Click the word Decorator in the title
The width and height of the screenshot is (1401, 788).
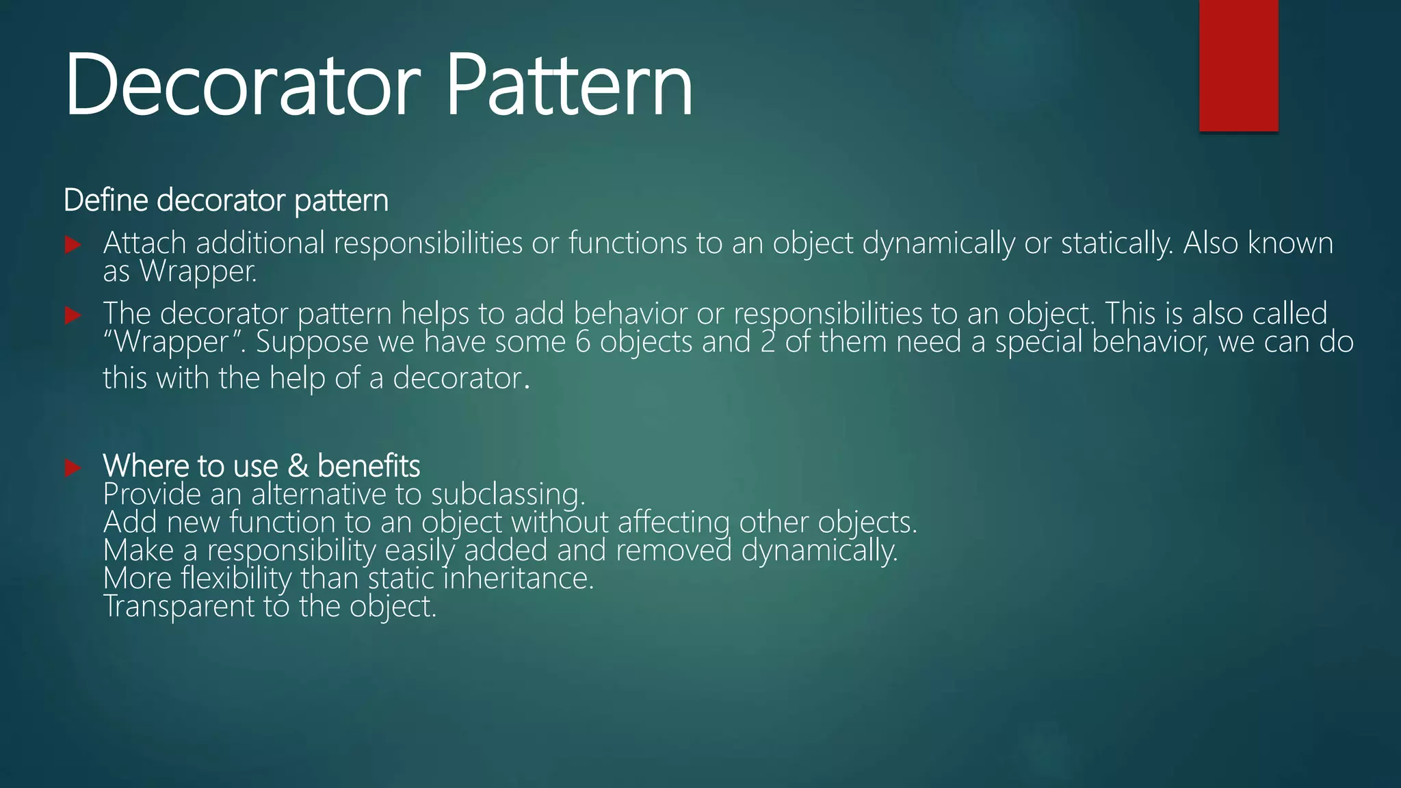point(242,86)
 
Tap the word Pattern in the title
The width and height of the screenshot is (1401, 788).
point(569,86)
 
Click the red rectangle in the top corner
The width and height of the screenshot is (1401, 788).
point(1238,65)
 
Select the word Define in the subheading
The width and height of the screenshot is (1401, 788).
point(105,200)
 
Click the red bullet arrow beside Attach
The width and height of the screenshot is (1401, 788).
point(73,245)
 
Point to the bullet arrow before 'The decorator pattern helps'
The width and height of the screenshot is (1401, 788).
point(73,315)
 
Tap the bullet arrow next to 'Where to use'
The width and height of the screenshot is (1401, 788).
point(73,468)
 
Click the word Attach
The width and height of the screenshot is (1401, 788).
point(144,244)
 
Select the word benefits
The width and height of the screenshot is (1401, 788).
point(369,467)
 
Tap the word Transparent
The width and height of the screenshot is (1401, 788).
point(179,607)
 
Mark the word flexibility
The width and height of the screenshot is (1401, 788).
point(237,579)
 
